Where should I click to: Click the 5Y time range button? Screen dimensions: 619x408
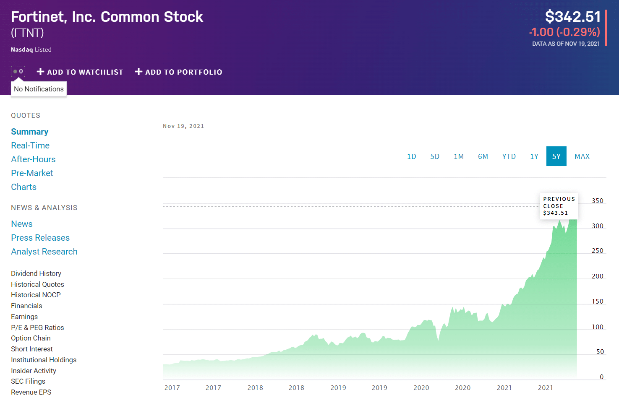tap(556, 156)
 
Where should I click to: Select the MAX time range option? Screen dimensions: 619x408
tap(582, 156)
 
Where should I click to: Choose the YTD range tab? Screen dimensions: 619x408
tap(509, 156)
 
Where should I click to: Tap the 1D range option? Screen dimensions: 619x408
tap(411, 156)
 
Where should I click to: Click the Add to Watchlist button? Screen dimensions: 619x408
tap(80, 72)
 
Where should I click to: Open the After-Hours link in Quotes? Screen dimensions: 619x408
tap(33, 159)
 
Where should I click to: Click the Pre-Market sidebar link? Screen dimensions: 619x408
tap(32, 173)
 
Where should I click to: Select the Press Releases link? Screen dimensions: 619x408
tap(40, 238)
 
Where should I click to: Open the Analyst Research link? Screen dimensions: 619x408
tap(44, 252)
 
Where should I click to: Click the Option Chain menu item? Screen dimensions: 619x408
tap(31, 338)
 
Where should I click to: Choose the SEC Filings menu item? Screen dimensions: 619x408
tap(28, 381)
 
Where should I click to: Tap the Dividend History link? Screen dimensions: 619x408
tap(36, 273)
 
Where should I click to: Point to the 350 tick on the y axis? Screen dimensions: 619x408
tap(598, 201)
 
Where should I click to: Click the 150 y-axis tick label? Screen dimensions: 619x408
tap(598, 301)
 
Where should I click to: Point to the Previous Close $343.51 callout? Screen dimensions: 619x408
tap(559, 206)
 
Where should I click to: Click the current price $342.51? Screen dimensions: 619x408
tap(572, 16)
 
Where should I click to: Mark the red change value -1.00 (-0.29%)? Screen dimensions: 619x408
tap(564, 32)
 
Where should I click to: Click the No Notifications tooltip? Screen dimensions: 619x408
tap(39, 89)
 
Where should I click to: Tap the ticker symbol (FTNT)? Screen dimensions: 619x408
tap(27, 33)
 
